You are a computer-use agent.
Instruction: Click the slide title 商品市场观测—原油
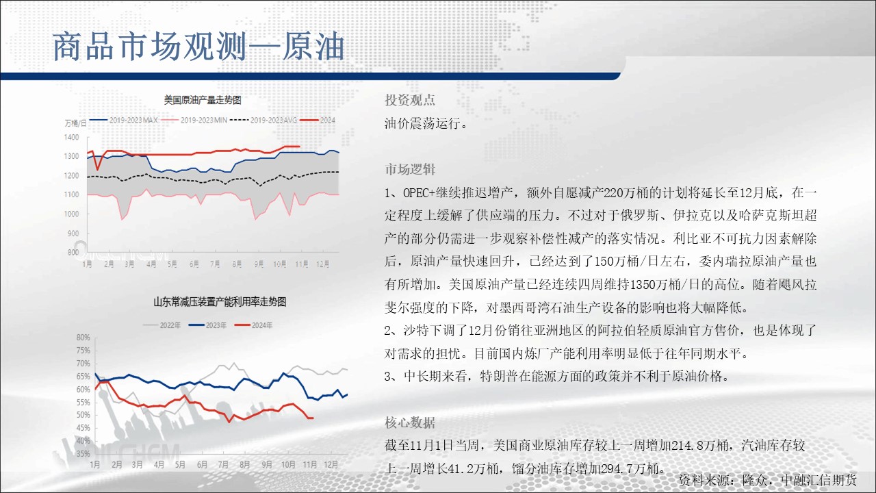pyautogui.click(x=198, y=47)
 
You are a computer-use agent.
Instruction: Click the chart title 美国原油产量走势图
pyautogui.click(x=202, y=100)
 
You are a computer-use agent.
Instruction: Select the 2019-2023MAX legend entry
pyautogui.click(x=124, y=120)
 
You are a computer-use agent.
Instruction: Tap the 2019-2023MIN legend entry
pyautogui.click(x=194, y=120)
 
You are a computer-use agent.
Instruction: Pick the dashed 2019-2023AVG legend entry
pyautogui.click(x=263, y=120)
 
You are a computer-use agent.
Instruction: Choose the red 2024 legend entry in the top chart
pyautogui.click(x=318, y=120)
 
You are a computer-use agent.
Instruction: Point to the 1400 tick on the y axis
pyautogui.click(x=71, y=138)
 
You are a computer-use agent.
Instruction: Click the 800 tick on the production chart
pyautogui.click(x=73, y=253)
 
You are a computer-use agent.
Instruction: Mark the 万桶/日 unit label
pyautogui.click(x=75, y=123)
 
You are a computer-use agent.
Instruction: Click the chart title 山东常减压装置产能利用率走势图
pyautogui.click(x=220, y=302)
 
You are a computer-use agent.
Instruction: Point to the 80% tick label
pyautogui.click(x=83, y=338)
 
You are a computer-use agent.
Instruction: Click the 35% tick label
pyautogui.click(x=83, y=454)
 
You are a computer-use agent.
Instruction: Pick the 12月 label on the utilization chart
pyautogui.click(x=331, y=464)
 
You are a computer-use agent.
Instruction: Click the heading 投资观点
pyautogui.click(x=409, y=100)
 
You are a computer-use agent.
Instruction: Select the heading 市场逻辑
pyautogui.click(x=409, y=169)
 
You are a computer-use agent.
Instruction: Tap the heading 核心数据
pyautogui.click(x=409, y=422)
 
